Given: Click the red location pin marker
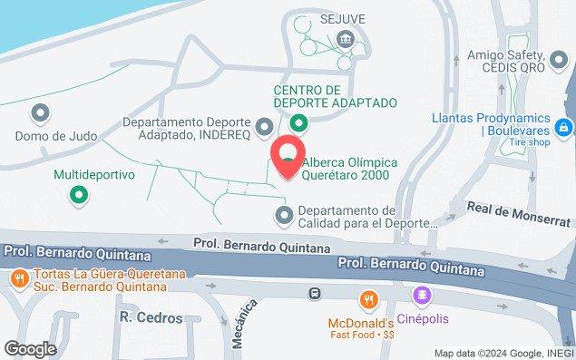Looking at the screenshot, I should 288,156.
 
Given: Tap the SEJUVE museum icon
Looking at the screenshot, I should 344,38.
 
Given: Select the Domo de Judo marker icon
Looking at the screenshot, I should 39,113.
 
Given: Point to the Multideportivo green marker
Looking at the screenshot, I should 80,193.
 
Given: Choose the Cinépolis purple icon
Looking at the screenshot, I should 421,296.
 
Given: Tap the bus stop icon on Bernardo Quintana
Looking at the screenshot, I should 315,293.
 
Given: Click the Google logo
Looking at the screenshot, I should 30,348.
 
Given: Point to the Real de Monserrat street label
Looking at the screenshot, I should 509,208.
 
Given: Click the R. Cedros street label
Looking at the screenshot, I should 151,318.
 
